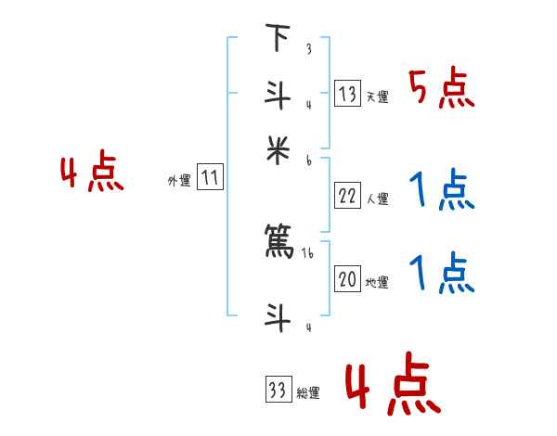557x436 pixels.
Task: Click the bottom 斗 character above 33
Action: (277, 318)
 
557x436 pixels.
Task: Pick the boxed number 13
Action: (347, 94)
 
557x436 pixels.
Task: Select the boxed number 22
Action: (347, 195)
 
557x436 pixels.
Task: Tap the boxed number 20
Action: (347, 279)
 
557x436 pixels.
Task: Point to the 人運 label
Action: (377, 198)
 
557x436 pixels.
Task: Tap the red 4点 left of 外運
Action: (93, 174)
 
